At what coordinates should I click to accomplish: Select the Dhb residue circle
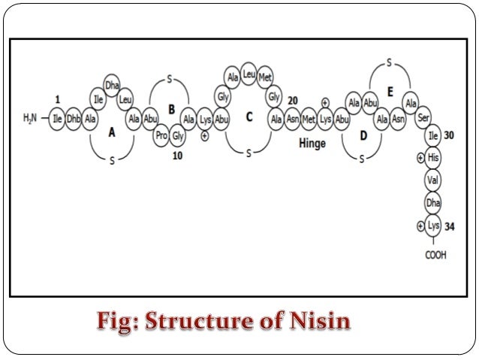point(74,119)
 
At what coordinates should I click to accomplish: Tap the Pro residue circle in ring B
point(161,136)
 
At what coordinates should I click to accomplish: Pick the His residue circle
point(432,159)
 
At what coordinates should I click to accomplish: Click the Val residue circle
point(432,180)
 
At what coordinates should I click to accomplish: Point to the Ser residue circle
point(423,118)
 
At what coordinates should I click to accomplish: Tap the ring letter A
point(112,133)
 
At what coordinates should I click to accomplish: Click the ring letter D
point(363,135)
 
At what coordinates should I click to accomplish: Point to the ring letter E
point(390,92)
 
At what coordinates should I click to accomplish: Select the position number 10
point(178,156)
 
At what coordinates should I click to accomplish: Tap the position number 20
point(293,101)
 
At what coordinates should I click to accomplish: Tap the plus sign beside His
point(419,159)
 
